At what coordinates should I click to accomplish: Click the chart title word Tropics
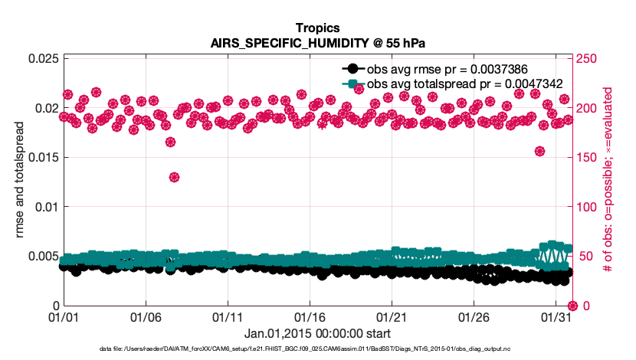(317, 27)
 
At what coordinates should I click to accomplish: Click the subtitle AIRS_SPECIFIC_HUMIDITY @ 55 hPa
(317, 42)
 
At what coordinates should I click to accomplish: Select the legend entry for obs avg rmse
(433, 67)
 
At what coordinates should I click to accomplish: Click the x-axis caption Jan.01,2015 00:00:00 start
(317, 333)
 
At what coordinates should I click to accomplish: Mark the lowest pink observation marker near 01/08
(175, 177)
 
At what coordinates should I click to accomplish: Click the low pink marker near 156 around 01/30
(539, 151)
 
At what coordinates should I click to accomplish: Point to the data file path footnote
(317, 349)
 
